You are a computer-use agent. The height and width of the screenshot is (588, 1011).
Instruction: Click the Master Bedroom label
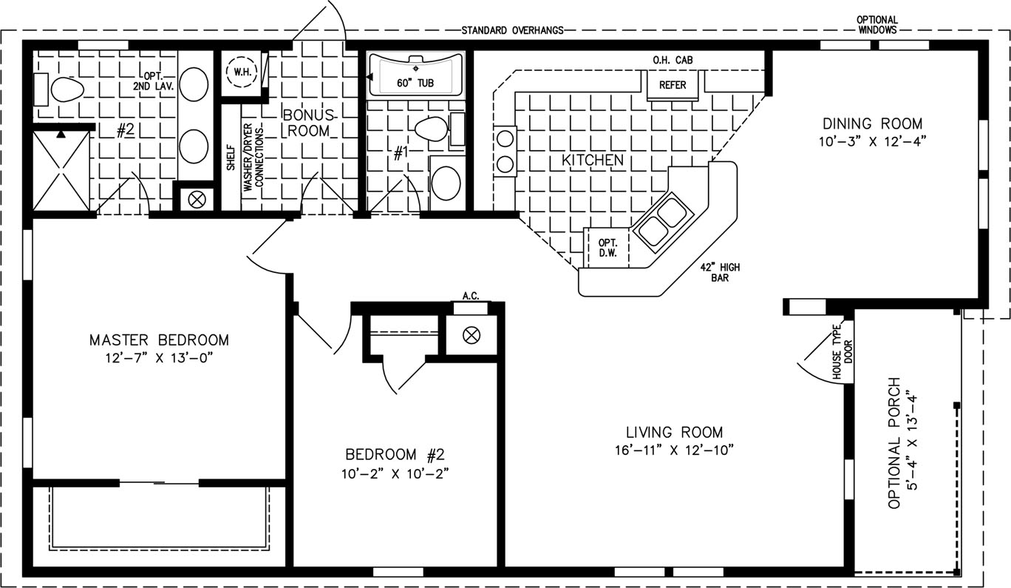point(159,339)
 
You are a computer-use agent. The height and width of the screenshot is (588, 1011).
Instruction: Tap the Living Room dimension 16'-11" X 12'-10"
point(674,450)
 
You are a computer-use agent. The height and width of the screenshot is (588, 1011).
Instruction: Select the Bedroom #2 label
point(395,454)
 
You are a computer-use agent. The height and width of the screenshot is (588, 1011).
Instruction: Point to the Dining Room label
point(873,124)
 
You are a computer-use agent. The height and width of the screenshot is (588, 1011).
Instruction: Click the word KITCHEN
point(593,160)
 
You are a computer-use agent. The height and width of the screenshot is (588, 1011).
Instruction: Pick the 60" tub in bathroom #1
point(415,75)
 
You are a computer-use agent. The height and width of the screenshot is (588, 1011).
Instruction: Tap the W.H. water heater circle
point(242,72)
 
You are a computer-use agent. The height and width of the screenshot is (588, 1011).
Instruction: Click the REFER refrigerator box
point(673,85)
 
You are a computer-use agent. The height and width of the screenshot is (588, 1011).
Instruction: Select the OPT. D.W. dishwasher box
point(607,248)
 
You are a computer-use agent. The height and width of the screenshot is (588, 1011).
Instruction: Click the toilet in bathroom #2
point(67,89)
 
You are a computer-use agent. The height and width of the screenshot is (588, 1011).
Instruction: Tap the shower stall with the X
point(61,171)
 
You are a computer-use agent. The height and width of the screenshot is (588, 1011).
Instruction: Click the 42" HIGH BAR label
point(720,272)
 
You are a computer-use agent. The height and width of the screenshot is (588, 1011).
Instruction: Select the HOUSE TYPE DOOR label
point(842,352)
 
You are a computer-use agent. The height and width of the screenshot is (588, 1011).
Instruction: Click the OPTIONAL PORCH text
point(894,443)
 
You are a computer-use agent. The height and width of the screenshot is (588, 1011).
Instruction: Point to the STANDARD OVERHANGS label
point(512,30)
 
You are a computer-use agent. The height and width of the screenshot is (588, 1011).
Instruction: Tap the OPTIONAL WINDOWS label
point(877,25)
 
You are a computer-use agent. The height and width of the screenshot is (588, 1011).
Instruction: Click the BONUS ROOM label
point(309,123)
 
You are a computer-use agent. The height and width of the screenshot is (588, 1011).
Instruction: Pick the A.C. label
point(471,296)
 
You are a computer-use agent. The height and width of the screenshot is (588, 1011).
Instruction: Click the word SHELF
point(231,157)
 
